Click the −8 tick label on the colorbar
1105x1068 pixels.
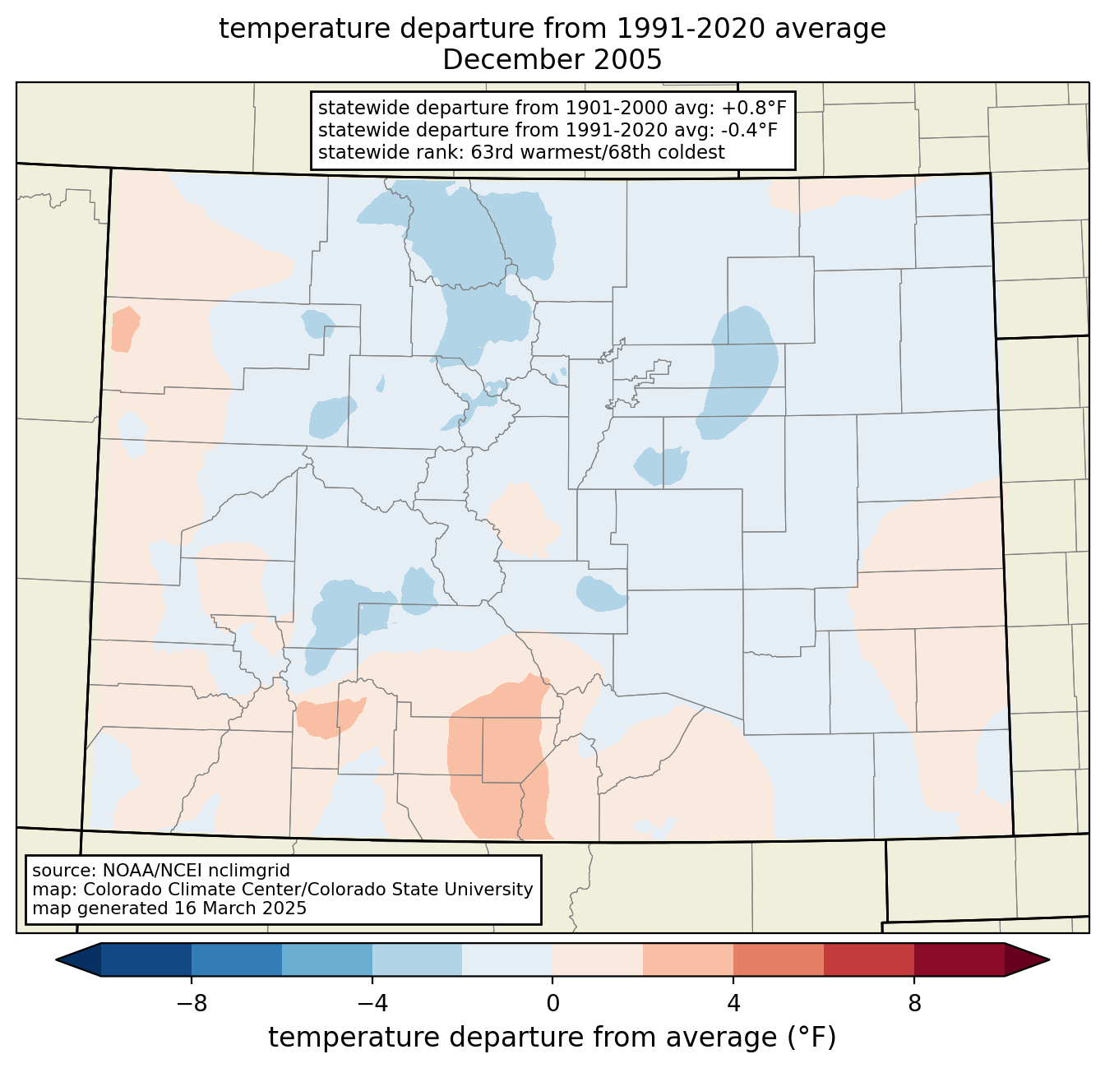tap(192, 1004)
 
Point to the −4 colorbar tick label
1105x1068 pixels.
tap(372, 1004)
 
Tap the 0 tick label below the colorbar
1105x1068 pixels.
tap(552, 1004)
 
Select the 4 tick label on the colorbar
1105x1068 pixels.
tap(733, 1004)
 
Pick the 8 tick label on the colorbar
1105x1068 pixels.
tap(914, 1004)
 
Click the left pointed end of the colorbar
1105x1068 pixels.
tap(57, 960)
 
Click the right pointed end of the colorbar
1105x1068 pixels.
tap(1049, 960)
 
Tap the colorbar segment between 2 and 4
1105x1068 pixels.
tap(688, 960)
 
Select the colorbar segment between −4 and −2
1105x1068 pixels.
tap(418, 960)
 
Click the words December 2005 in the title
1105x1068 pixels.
tap(552, 60)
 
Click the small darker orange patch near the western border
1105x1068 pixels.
tap(125, 330)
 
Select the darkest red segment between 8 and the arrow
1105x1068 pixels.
tap(959, 960)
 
